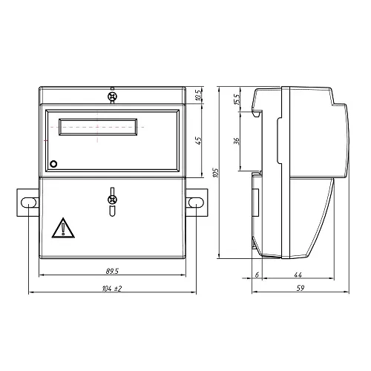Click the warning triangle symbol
tap(64, 228)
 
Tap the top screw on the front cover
tap(112, 96)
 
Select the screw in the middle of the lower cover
tap(112, 199)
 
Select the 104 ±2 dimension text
tap(111, 287)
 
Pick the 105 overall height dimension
tap(215, 172)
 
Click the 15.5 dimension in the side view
tap(237, 98)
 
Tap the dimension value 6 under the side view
tap(257, 275)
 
